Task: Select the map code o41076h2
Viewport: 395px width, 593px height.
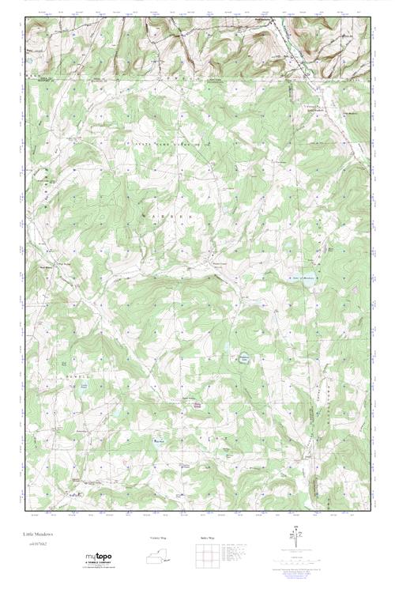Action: [38, 545]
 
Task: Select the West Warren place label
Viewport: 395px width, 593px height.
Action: [46, 266]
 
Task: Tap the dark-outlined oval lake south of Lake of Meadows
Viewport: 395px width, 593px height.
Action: [244, 357]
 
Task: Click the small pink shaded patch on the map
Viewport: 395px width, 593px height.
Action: [197, 406]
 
